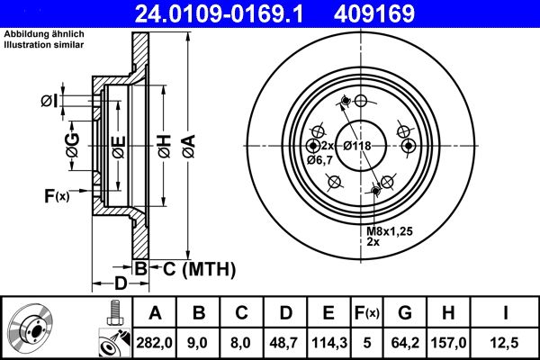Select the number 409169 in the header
pyautogui.click(x=400, y=13)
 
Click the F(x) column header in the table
pyautogui.click(x=366, y=313)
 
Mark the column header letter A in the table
pyautogui.click(x=155, y=313)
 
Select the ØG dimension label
pyautogui.click(x=72, y=144)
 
